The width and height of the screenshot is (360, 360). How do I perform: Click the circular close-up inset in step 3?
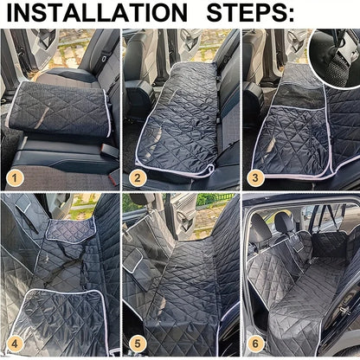pos(335,56)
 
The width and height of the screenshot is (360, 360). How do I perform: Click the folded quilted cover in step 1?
pos(56,108)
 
